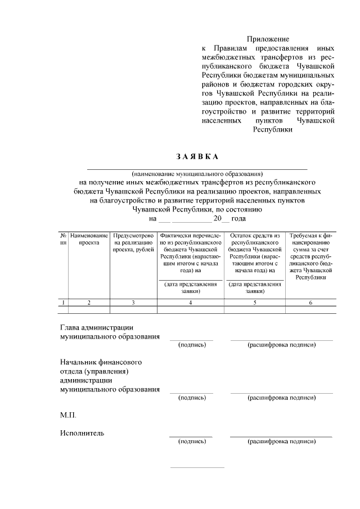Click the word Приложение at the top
click(x=271, y=39)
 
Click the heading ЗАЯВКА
click(x=196, y=156)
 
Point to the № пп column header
click(x=64, y=238)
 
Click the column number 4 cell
click(x=190, y=303)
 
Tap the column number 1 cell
click(x=64, y=303)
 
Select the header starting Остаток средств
click(x=255, y=253)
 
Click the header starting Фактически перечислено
click(x=190, y=253)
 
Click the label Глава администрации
click(x=96, y=327)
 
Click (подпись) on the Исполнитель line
click(x=191, y=442)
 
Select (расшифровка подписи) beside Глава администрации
click(x=281, y=345)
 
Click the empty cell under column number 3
click(x=133, y=309)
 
